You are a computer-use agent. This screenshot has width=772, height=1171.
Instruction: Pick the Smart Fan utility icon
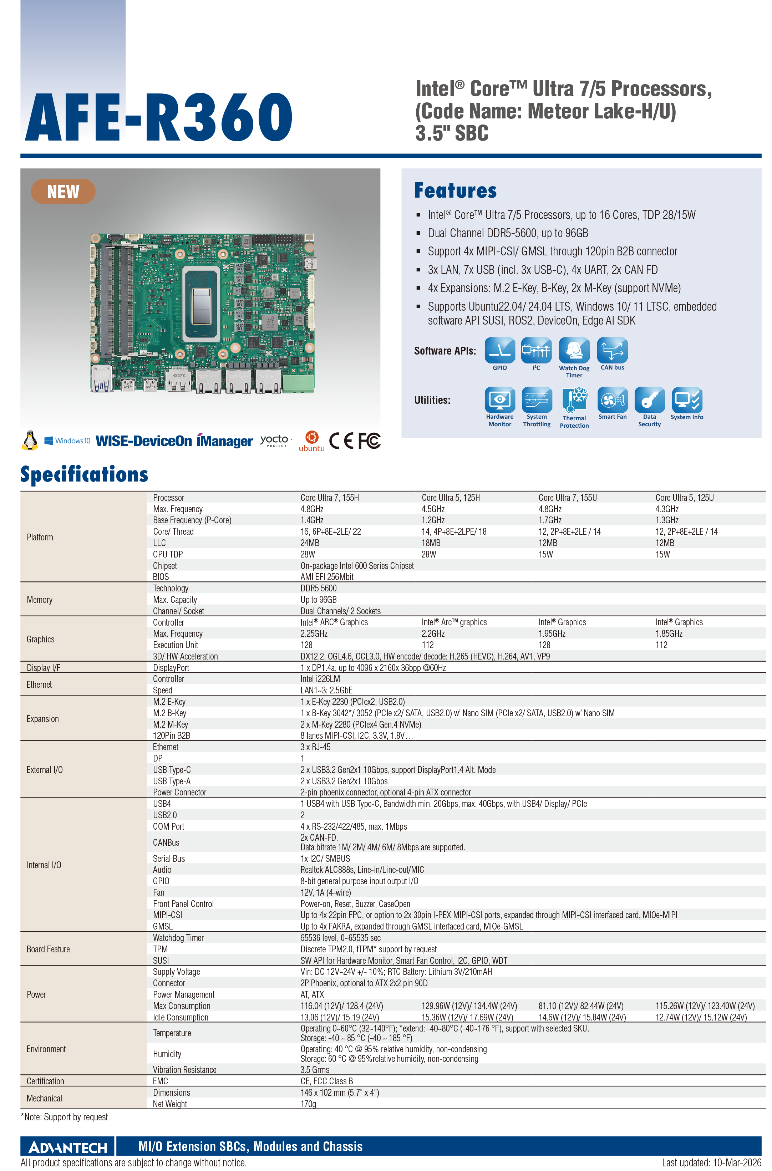click(613, 400)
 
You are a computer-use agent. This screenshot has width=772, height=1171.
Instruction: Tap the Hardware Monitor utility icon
click(500, 400)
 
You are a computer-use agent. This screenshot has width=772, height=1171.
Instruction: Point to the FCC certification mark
click(369, 441)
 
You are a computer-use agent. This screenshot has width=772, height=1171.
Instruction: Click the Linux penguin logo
click(30, 440)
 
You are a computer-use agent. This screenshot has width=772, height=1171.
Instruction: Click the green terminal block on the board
click(298, 381)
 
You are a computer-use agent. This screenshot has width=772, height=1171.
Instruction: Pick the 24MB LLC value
click(310, 543)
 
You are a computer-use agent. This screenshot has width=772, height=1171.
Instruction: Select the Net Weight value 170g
click(308, 1104)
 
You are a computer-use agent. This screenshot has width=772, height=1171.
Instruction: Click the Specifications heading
click(84, 474)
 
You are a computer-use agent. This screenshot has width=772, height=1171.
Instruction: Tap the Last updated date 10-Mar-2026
click(737, 1163)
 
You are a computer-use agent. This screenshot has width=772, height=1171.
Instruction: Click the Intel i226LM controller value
click(320, 679)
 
